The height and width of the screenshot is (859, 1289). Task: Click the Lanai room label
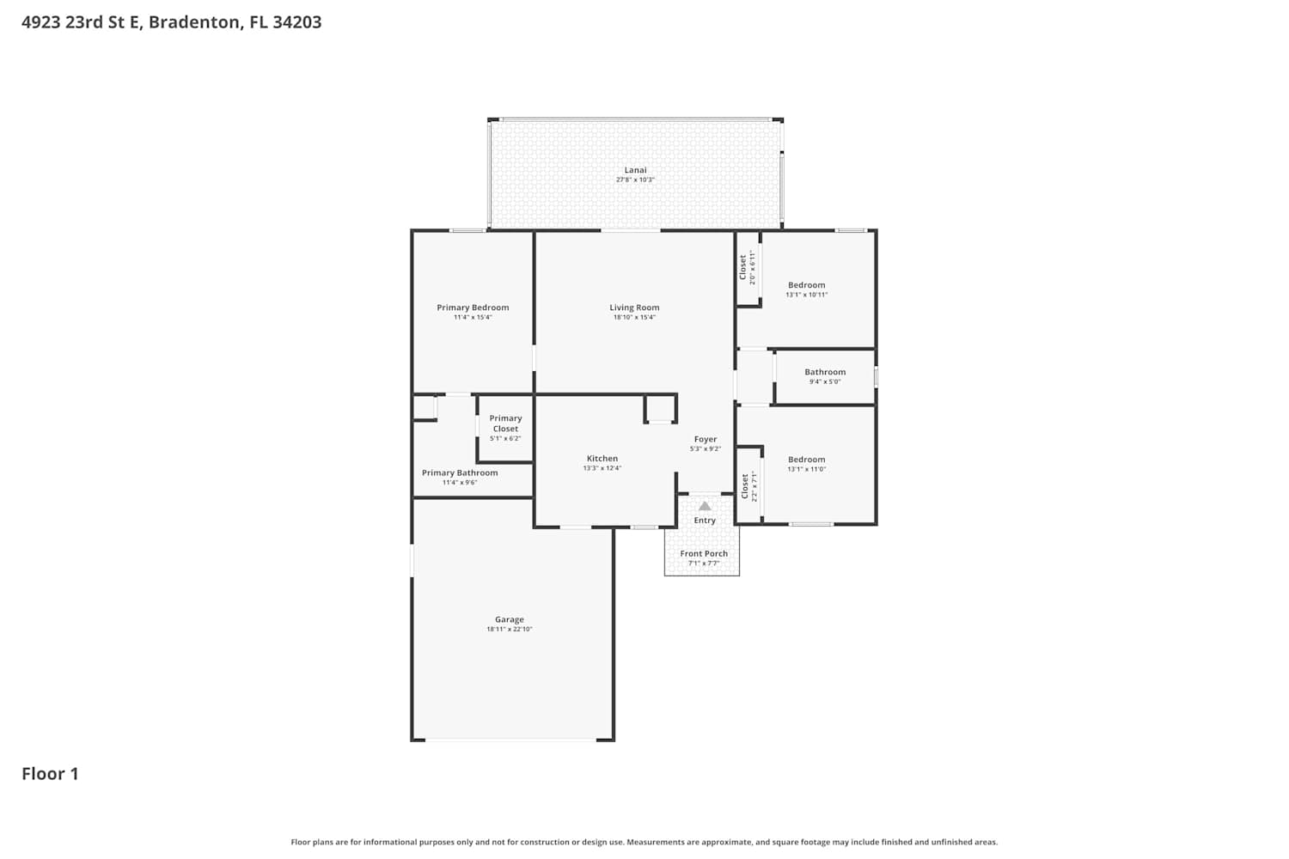[x=635, y=170]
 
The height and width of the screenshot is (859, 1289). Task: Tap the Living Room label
[x=634, y=308]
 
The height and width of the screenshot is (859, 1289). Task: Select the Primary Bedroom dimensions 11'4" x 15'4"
[x=473, y=317]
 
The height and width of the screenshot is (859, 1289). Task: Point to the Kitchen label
[x=602, y=458]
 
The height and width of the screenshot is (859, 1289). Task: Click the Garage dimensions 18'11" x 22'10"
[x=510, y=629]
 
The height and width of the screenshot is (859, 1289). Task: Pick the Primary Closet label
[x=505, y=423]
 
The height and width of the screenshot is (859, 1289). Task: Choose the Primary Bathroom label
[x=460, y=472]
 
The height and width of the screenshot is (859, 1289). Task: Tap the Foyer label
[x=705, y=439]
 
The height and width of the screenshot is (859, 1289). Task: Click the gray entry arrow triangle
[x=705, y=506]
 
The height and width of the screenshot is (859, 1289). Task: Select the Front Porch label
[x=704, y=553]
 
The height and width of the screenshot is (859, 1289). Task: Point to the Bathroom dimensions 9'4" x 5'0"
[x=825, y=381]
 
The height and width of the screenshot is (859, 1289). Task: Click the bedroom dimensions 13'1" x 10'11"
[x=806, y=295]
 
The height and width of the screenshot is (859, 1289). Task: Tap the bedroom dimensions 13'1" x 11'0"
[x=806, y=469]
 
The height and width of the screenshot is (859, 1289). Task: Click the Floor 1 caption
[x=50, y=773]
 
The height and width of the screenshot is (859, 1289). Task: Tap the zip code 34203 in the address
[x=297, y=21]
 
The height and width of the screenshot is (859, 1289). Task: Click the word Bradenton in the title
[x=195, y=21]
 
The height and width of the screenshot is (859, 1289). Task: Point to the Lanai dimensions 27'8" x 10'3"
[x=635, y=180]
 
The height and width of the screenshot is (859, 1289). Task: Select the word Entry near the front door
[x=705, y=520]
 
